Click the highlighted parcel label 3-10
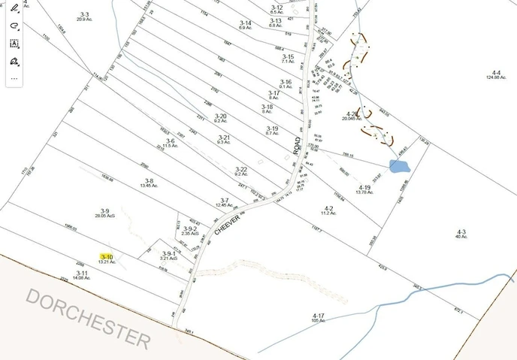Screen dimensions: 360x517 (x=106, y=257)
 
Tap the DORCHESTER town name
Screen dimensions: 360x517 (x=89, y=316)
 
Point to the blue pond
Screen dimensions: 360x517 (x=398, y=165)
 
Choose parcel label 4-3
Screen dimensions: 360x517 (x=461, y=231)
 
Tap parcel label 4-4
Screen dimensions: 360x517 (x=494, y=73)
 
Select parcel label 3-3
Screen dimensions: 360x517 (x=83, y=15)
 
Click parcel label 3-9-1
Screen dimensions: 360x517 (x=169, y=254)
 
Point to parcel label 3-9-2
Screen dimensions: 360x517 (x=189, y=229)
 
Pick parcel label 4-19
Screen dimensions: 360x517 (x=364, y=187)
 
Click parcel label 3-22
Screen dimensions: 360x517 (x=240, y=169)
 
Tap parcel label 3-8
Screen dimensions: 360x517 (x=149, y=180)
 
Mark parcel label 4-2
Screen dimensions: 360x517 (x=328, y=208)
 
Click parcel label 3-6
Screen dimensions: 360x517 (x=170, y=141)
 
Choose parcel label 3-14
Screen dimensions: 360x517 (x=245, y=23)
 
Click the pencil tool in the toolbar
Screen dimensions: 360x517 (x=14, y=8)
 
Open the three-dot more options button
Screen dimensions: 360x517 (x=14, y=78)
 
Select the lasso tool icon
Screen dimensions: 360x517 (x=14, y=25)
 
